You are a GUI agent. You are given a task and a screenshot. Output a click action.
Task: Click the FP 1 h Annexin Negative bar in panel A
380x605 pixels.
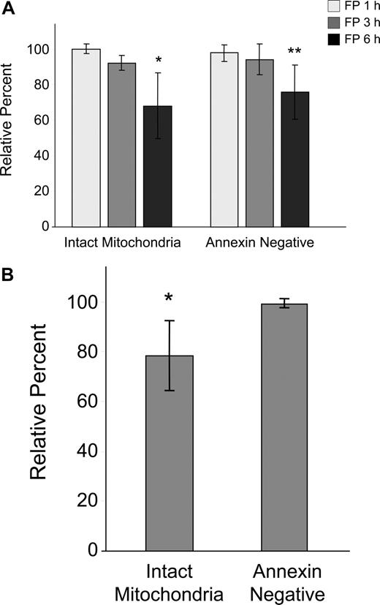224,139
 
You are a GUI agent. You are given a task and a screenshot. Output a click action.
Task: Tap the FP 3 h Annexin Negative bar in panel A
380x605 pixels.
259,143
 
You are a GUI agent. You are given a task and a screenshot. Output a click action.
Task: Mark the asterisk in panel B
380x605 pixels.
169,298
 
